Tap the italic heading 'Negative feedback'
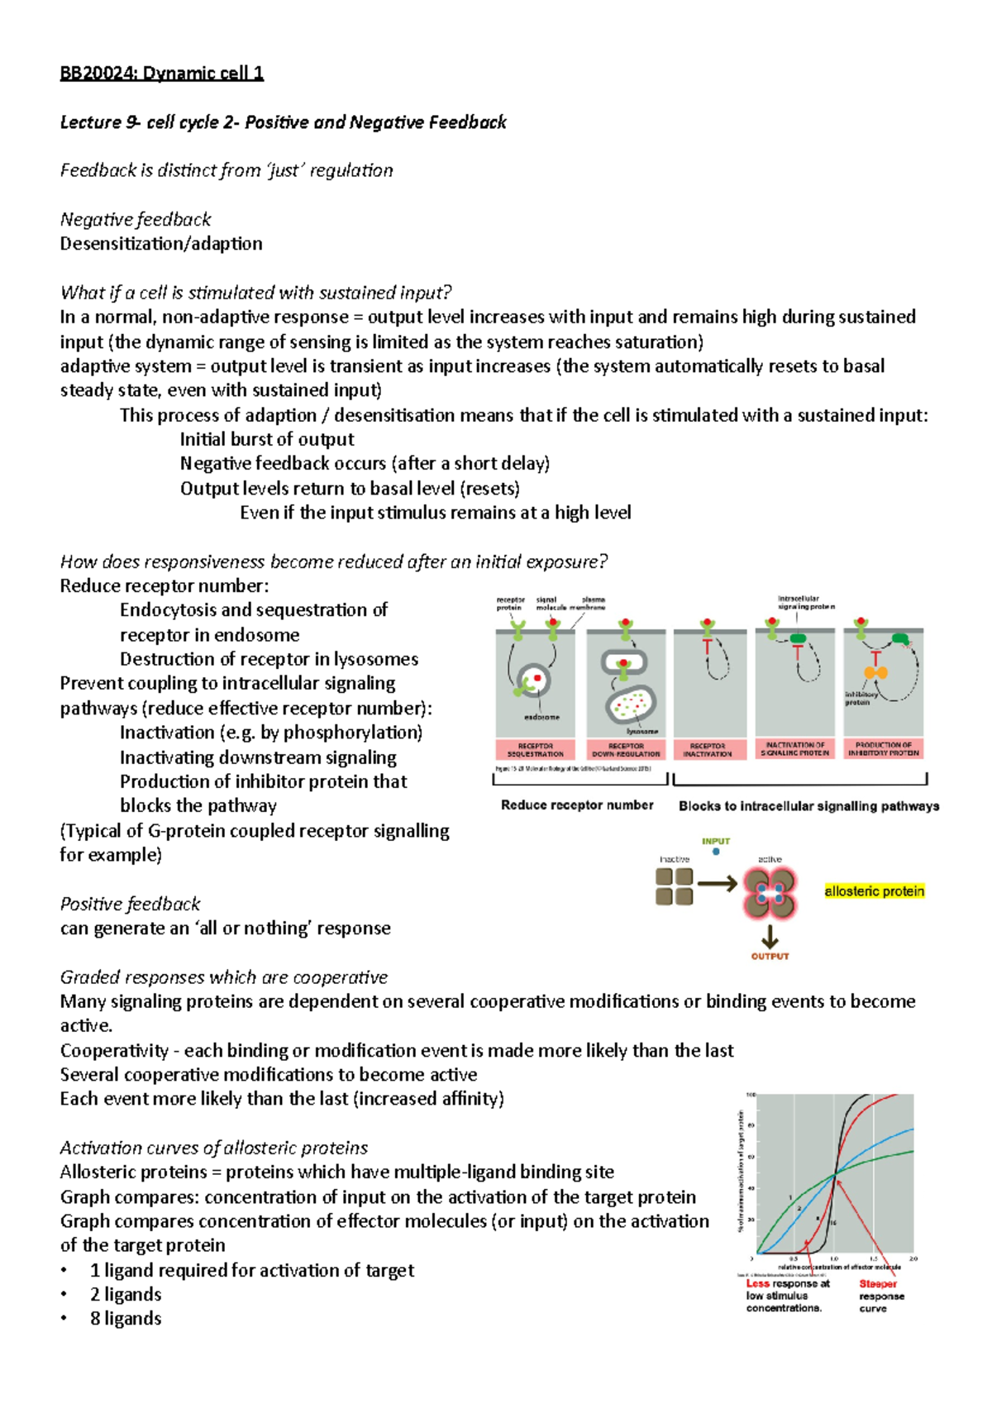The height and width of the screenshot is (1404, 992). tap(136, 219)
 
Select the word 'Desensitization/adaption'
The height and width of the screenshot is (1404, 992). tap(161, 244)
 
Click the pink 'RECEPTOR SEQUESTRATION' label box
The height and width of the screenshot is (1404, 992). tap(535, 749)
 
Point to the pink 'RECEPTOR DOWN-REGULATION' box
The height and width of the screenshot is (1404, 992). tap(626, 749)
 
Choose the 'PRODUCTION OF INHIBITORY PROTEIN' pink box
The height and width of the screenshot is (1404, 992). tap(883, 748)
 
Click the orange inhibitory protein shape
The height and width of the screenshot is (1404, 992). tap(876, 672)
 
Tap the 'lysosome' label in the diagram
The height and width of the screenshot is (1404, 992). tap(641, 731)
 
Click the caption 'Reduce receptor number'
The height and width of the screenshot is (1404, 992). tap(577, 805)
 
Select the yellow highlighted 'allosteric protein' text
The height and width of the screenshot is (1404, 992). tap(874, 891)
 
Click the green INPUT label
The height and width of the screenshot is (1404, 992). tap(716, 841)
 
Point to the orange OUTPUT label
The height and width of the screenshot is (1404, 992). tap(770, 956)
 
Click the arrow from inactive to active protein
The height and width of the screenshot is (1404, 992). tap(717, 885)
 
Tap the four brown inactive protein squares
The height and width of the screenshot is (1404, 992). tap(675, 886)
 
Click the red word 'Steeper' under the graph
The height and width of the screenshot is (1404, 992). tap(877, 1284)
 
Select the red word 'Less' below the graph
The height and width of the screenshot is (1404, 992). tap(757, 1284)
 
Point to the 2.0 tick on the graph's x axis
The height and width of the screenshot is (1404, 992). tap(913, 1258)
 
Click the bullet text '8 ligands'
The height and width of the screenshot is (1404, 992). tap(126, 1319)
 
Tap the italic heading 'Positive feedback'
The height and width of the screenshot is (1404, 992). tap(131, 904)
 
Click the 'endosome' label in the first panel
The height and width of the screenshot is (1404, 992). tap(541, 717)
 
